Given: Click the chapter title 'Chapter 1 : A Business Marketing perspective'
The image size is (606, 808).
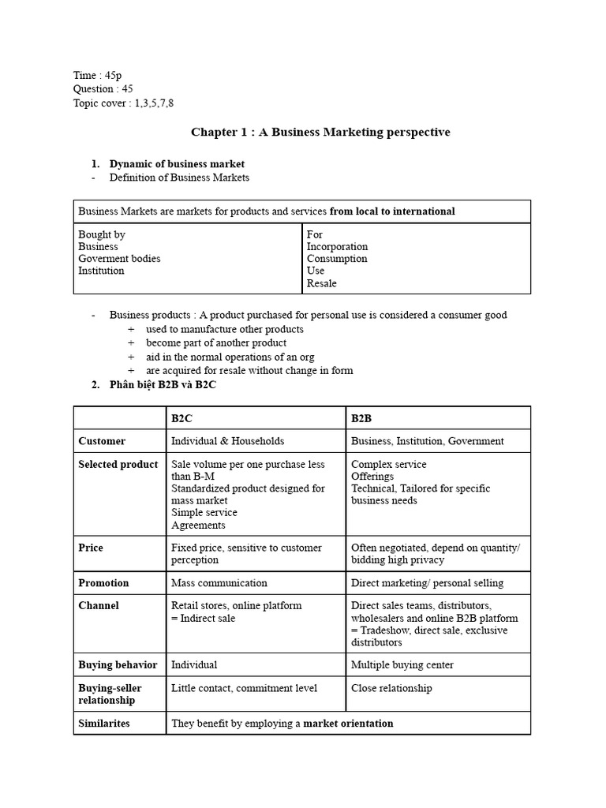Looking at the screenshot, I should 320,133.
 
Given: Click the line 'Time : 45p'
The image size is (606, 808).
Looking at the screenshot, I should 98,75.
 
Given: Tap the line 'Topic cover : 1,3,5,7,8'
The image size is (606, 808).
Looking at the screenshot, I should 123,103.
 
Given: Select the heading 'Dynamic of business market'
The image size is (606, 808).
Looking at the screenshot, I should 171,164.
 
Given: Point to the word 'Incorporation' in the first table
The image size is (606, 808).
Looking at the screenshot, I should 337,246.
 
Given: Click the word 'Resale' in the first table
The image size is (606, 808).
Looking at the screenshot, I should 321,282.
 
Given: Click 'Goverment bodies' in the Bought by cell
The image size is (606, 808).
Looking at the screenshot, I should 119,258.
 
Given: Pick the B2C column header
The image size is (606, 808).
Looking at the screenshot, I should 181,417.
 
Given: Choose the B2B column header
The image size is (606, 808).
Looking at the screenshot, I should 361,417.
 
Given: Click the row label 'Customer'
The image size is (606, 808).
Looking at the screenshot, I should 102,441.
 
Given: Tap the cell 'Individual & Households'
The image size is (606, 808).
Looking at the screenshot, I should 227,441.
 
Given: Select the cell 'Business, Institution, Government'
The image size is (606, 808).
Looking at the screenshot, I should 427,441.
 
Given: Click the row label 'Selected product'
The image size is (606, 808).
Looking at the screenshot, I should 118,464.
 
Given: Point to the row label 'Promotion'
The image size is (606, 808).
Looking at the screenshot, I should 103,582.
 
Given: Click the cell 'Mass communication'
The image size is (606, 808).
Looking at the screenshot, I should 219,582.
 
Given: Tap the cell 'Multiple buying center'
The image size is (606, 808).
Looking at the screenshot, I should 402,664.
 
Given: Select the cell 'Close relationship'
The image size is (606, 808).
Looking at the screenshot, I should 391,688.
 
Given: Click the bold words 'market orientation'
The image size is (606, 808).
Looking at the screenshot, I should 348,723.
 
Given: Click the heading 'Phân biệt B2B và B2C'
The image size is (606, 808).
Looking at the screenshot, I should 163,384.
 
